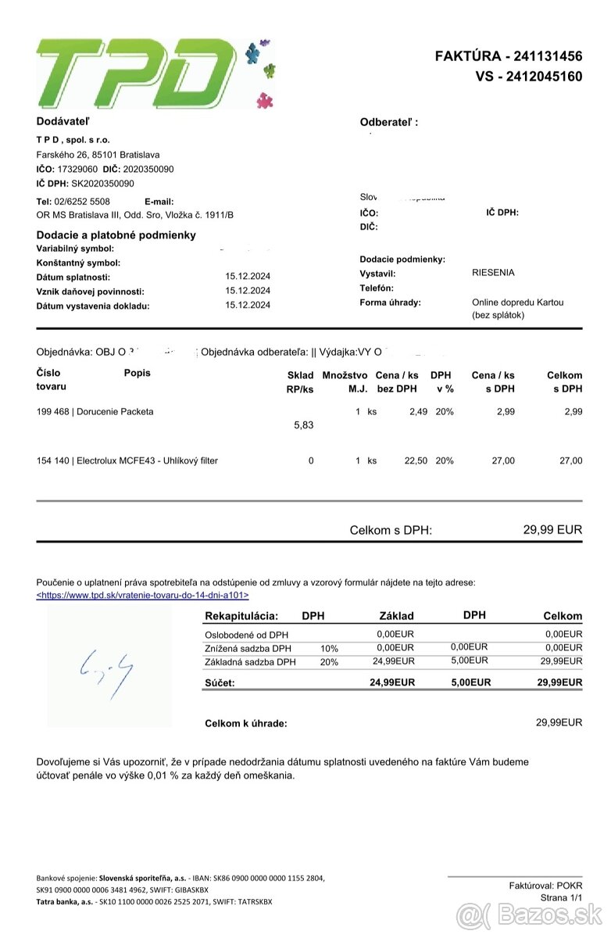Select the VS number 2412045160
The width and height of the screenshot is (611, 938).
[x=544, y=77]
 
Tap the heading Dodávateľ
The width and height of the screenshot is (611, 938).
[x=63, y=121]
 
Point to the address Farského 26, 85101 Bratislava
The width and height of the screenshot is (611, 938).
[x=98, y=155]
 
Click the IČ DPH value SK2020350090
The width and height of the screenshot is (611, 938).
[x=102, y=184]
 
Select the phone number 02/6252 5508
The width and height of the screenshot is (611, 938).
[x=84, y=201]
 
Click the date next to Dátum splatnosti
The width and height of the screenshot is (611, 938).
[x=248, y=277]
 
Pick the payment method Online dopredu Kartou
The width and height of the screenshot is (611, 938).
[x=517, y=303]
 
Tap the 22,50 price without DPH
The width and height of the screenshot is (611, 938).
[x=415, y=461]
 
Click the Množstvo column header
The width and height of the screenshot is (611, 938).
[x=345, y=375]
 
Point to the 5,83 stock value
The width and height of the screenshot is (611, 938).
[x=303, y=425]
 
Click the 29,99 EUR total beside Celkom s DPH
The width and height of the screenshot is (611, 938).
[x=552, y=530]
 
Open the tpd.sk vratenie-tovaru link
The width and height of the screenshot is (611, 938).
[x=143, y=596]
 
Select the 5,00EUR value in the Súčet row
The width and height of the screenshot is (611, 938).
[x=471, y=682]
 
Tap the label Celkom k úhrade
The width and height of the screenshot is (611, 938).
[x=246, y=724]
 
